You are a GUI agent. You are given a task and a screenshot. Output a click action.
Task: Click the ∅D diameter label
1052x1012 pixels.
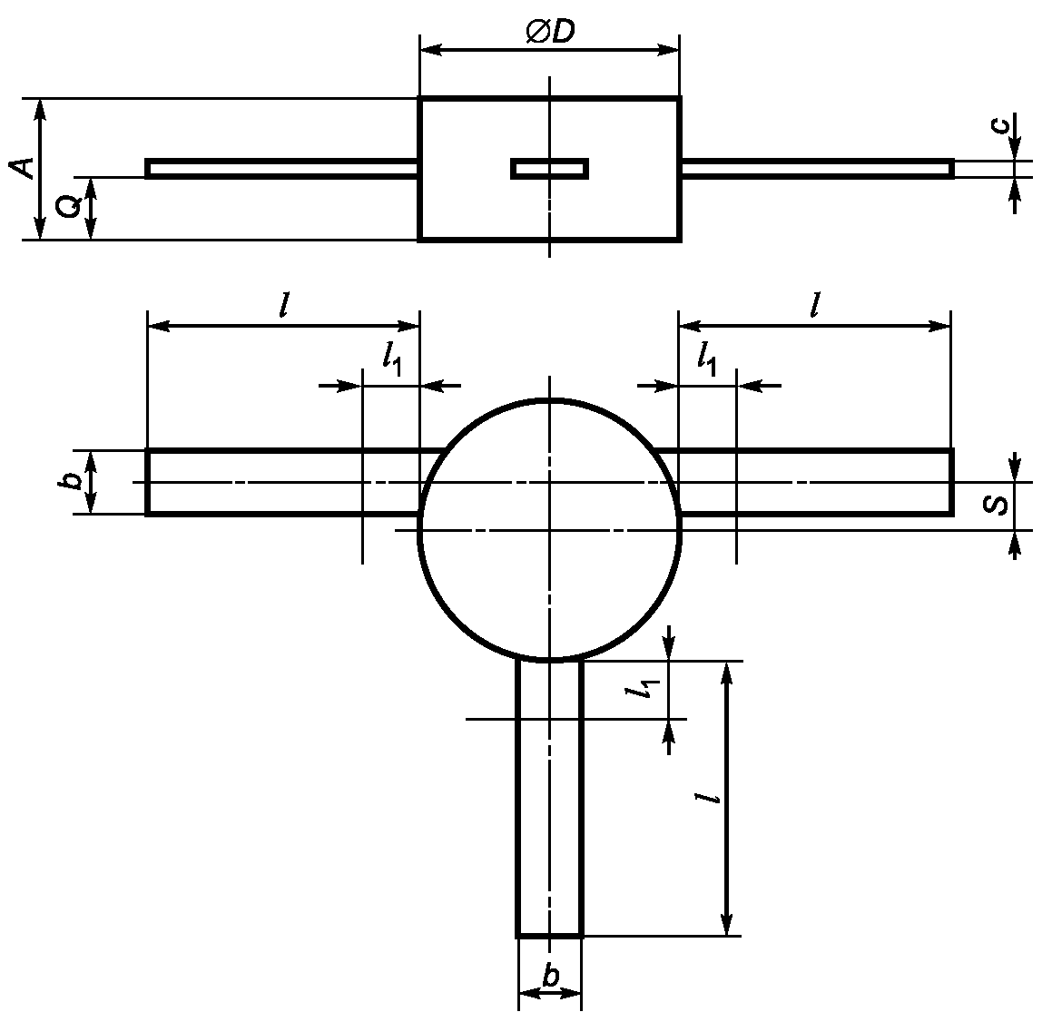551,32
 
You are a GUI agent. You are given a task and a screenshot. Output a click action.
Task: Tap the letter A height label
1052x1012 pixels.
25,168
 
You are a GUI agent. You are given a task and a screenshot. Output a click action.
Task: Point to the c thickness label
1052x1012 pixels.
1001,125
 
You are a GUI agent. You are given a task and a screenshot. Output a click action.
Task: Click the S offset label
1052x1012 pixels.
997,504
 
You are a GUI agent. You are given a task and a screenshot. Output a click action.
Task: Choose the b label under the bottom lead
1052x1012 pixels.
550,977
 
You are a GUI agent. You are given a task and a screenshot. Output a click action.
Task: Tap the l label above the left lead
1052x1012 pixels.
284,305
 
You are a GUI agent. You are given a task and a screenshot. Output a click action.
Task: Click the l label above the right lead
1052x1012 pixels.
815,305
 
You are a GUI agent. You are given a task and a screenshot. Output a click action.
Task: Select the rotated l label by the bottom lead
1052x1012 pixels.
708,798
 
